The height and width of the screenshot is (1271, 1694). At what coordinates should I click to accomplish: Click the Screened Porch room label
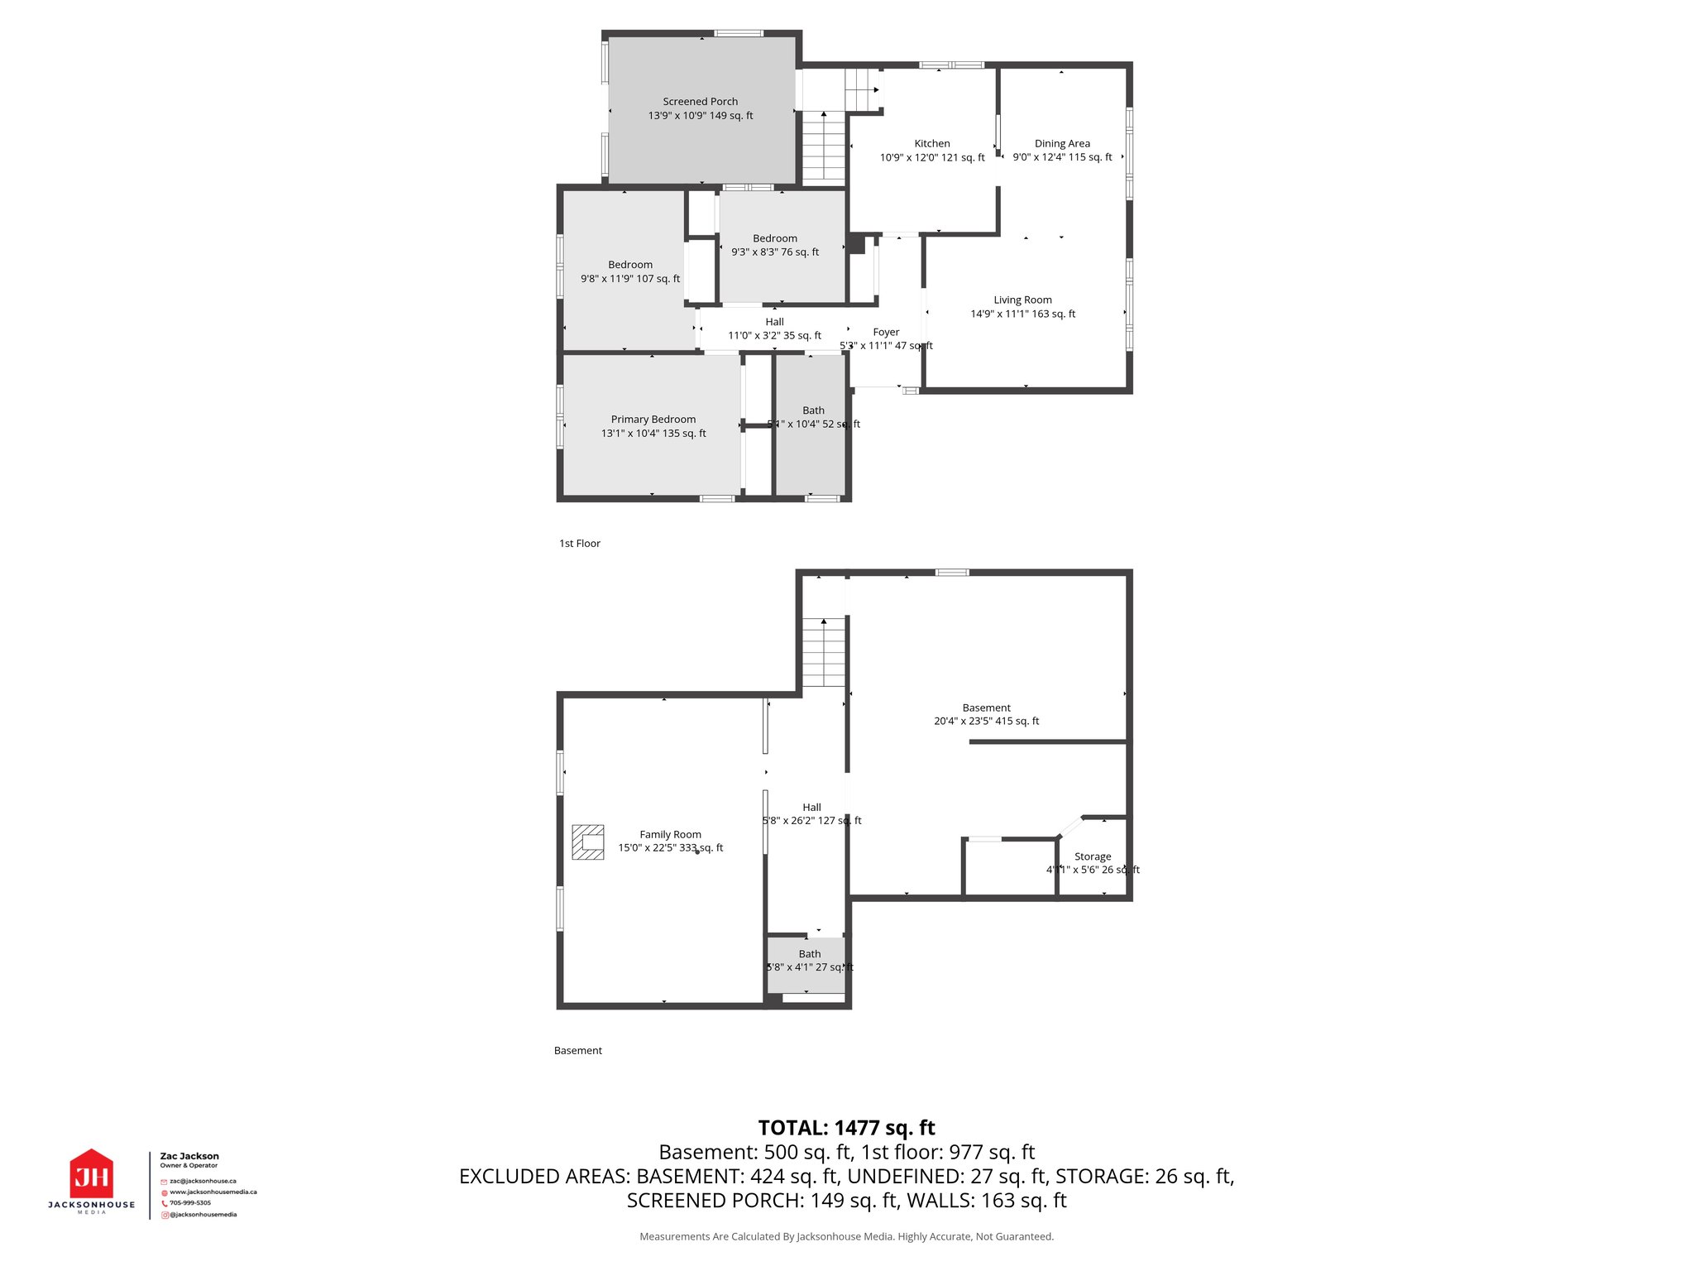coord(700,102)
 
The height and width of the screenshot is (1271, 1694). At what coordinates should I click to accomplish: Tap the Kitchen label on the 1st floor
coord(931,143)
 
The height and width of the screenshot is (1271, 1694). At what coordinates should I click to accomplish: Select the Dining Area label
coord(1062,143)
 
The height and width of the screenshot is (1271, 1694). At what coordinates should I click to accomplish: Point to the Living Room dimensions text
coord(1022,314)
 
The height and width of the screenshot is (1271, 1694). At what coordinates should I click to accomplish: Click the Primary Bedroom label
coord(653,420)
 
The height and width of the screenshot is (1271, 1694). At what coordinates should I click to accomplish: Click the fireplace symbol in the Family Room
coord(587,842)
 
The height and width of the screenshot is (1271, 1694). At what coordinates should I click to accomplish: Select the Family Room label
coord(670,835)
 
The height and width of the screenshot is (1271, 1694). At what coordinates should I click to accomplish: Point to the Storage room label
coord(1092,857)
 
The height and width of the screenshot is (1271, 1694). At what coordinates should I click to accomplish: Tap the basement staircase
coord(824,654)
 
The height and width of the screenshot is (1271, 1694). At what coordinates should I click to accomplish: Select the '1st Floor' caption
coord(579,544)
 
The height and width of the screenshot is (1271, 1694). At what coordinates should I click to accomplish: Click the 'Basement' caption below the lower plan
coord(577,1051)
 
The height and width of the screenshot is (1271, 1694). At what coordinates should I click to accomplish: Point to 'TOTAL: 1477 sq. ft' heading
coord(846,1128)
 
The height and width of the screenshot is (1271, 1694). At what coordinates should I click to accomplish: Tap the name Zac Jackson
coord(189,1156)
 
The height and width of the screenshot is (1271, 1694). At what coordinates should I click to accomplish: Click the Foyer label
coord(885,333)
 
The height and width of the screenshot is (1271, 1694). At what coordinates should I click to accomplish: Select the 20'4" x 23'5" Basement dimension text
coord(986,722)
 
